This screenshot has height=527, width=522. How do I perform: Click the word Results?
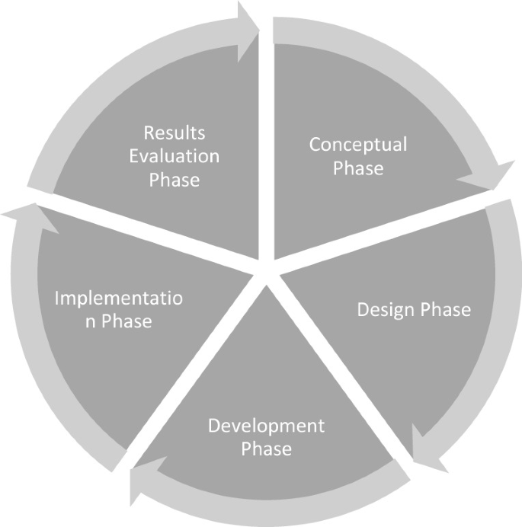pos(175,133)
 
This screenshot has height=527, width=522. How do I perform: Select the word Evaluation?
pos(175,157)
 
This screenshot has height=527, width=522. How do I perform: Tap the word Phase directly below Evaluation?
pos(175,180)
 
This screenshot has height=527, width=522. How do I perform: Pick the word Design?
pos(386,310)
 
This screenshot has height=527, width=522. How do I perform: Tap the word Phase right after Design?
pos(443,310)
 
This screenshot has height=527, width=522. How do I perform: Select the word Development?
pos(267,425)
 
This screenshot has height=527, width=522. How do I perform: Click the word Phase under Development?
pos(267,449)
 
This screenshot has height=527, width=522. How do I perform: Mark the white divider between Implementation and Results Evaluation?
pos(145,233)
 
